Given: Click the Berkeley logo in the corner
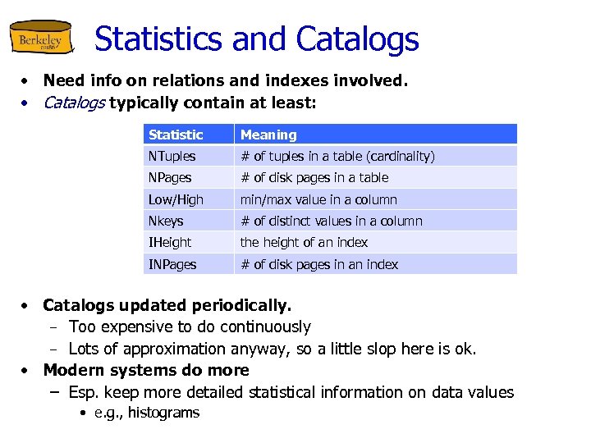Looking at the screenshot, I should (41, 39).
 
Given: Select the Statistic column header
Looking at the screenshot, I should (176, 135).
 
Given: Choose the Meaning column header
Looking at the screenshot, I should (268, 135).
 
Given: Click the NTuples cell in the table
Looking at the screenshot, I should (172, 156).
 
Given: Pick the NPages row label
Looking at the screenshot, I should (170, 177).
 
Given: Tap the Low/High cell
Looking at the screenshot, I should (176, 199).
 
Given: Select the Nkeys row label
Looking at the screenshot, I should (166, 221).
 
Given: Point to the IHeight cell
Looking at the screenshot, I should (170, 242).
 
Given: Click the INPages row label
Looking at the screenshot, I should (172, 264).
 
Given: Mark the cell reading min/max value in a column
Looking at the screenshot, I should (318, 199).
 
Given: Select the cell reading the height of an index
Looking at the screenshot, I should (304, 242).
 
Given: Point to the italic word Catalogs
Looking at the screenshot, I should (74, 103).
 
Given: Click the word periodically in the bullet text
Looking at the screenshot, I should (241, 306).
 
